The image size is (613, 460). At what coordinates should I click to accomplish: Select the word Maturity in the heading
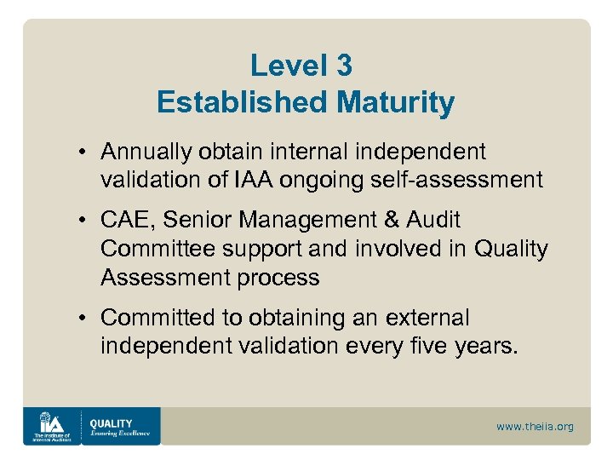(x=396, y=103)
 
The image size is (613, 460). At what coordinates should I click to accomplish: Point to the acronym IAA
(x=254, y=180)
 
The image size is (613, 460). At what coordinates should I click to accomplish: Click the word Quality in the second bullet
(x=511, y=249)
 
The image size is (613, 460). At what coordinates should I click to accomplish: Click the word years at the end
(x=487, y=347)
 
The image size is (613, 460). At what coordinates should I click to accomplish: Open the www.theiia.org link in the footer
(x=535, y=426)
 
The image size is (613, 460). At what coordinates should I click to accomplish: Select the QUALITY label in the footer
(x=111, y=423)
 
